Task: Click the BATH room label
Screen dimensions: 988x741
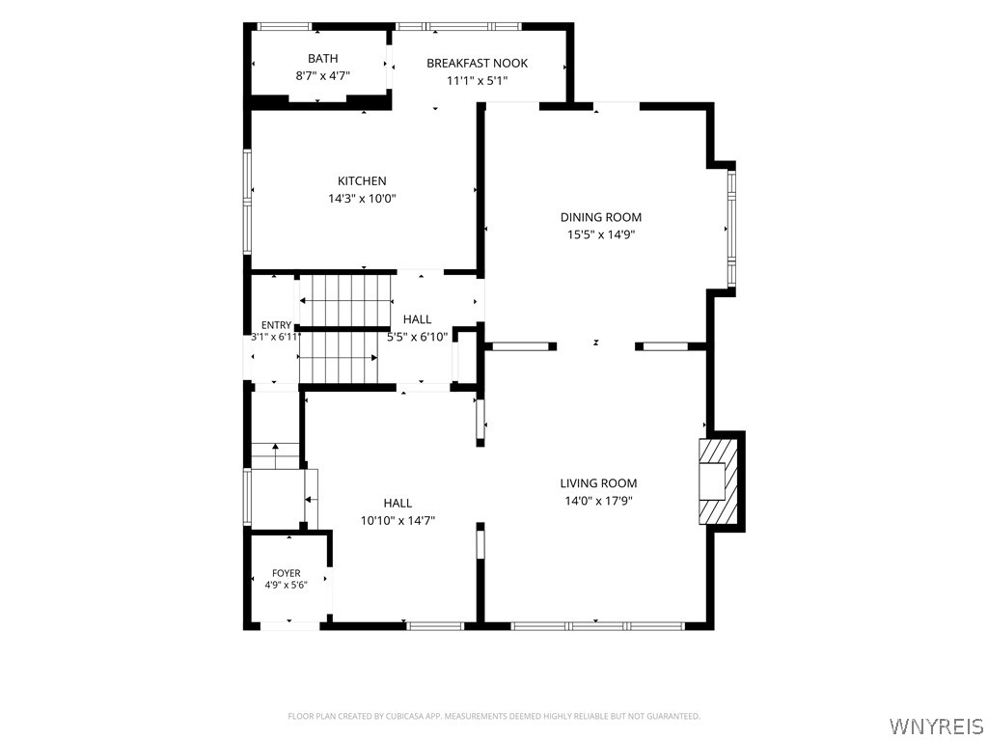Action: click(322, 59)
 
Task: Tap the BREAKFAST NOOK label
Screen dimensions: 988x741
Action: click(477, 63)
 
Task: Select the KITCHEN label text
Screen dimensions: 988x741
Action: click(363, 181)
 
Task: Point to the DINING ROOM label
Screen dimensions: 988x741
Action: click(601, 217)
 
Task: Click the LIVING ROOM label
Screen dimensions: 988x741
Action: click(598, 483)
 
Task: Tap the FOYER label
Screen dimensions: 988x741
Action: click(286, 573)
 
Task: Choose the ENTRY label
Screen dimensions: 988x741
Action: click(277, 325)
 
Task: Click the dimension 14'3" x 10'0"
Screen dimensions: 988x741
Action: click(363, 199)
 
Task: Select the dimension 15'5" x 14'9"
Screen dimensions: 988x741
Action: click(601, 235)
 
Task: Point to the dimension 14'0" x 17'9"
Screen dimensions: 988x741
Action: click(598, 501)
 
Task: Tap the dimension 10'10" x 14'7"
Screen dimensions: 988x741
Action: click(398, 520)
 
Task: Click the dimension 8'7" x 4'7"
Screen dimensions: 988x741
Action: click(322, 76)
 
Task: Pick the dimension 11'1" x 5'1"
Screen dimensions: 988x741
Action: click(477, 81)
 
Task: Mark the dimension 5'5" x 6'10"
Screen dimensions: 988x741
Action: click(417, 337)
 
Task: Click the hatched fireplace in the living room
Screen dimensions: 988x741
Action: click(718, 481)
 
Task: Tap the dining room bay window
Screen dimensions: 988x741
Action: click(731, 229)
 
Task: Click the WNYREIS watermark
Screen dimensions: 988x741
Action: click(937, 726)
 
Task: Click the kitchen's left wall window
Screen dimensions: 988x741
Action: click(248, 202)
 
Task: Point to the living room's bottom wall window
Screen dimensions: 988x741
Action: click(597, 626)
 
